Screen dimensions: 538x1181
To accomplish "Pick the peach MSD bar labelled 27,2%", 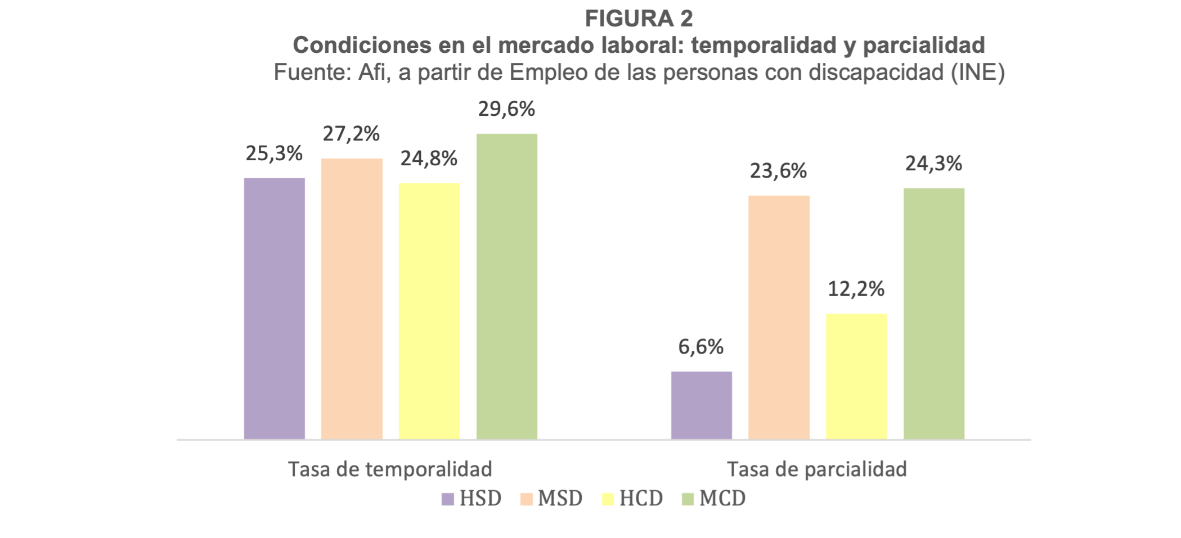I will pos(352,298).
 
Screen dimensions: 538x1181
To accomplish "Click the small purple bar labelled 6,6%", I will pos(701,405).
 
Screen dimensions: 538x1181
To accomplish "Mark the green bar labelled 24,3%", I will pos(933,313).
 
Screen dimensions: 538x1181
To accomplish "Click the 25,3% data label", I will pos(274,153).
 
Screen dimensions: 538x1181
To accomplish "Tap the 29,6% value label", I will pos(506,109).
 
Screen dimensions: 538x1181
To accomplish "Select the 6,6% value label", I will pos(700,347).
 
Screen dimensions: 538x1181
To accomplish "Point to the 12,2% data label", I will pos(856,289).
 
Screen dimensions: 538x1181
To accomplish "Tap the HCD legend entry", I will pos(632,499).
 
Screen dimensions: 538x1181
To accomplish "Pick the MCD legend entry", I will pos(713,499).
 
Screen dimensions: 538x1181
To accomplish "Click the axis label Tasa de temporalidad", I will pos(390,469).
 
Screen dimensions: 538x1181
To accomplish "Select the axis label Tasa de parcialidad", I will pos(816,469).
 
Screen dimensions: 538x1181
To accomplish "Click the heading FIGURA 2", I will pos(639,19).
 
